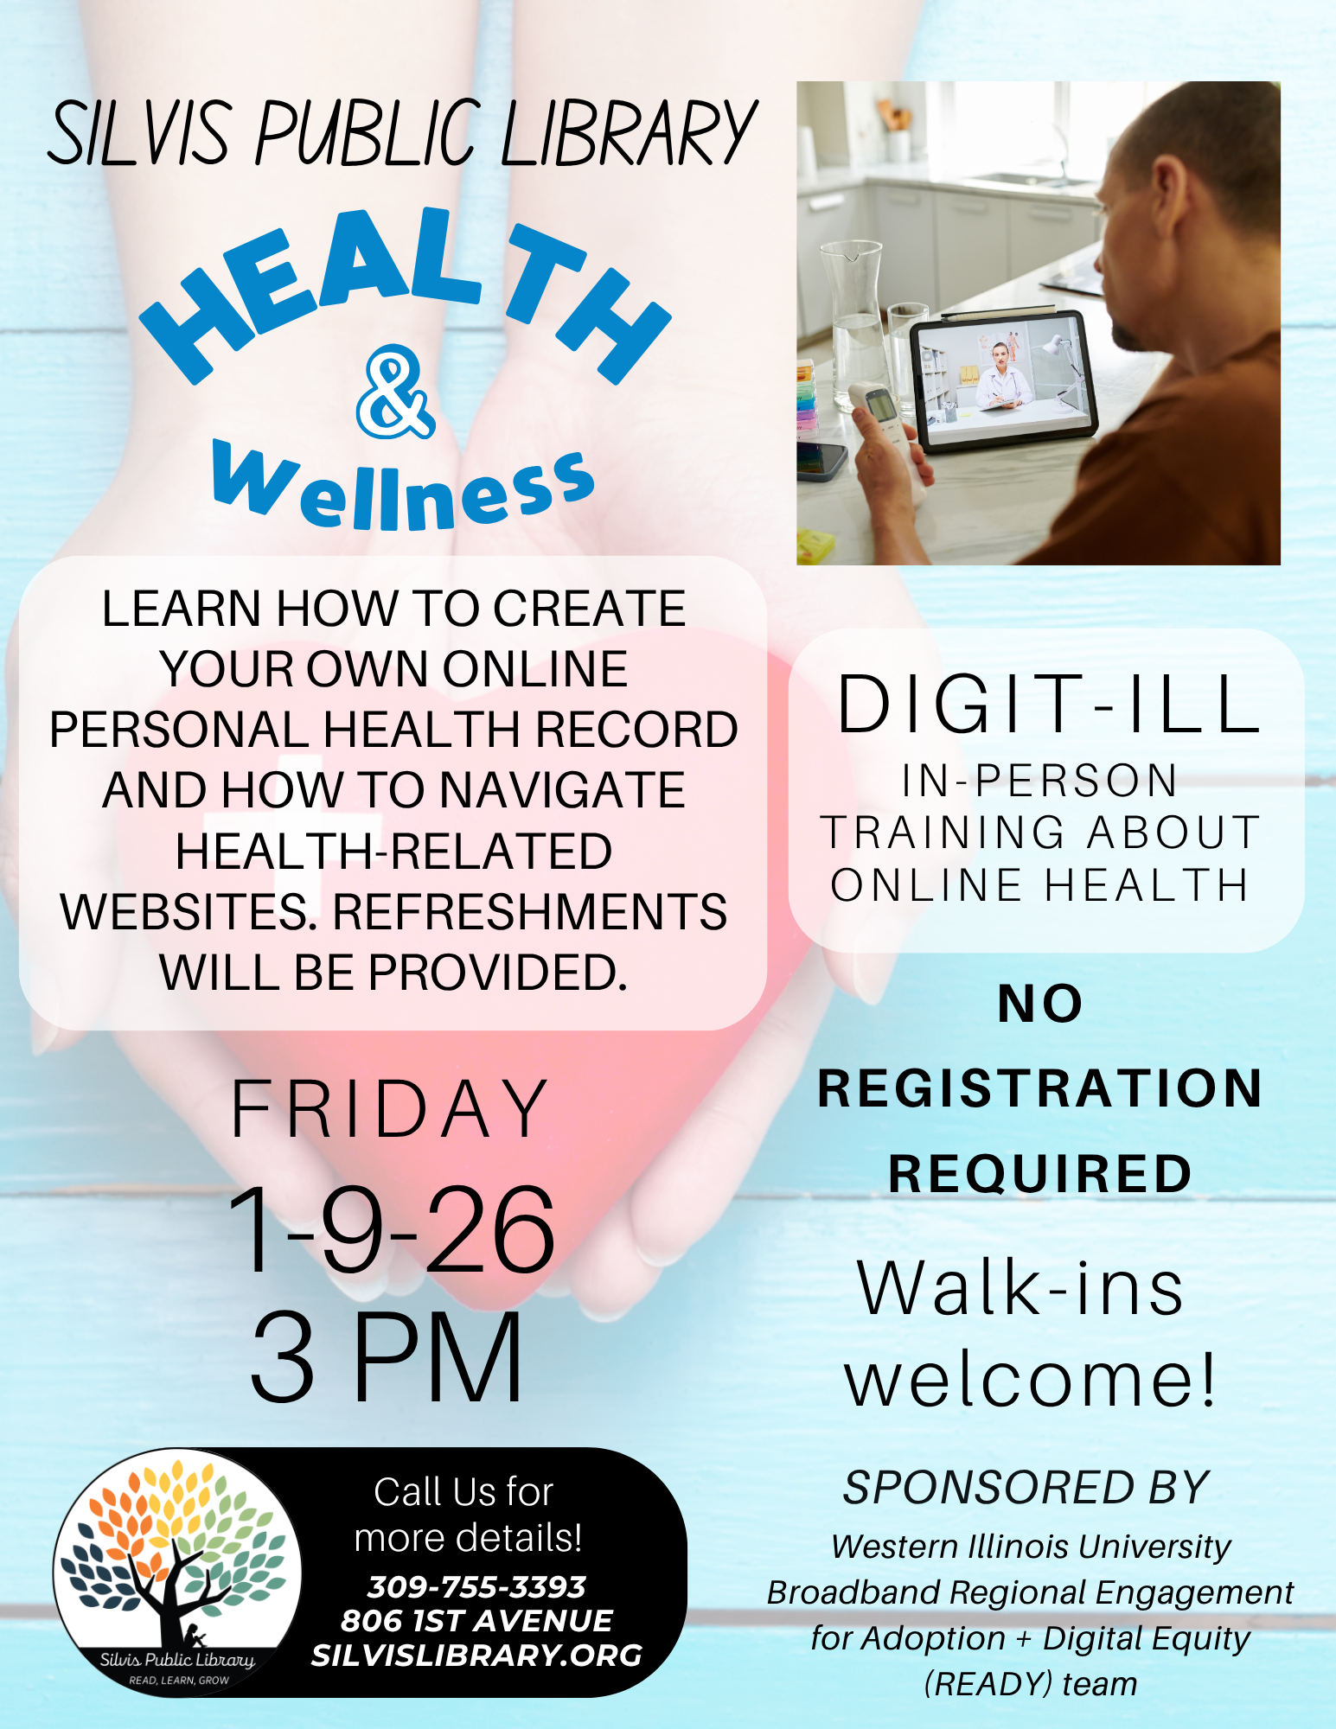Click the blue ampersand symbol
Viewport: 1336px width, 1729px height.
click(x=395, y=392)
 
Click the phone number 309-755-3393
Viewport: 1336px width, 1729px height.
click(x=476, y=1587)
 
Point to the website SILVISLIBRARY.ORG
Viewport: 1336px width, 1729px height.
click(x=476, y=1656)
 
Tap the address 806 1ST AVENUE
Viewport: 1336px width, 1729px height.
click(x=476, y=1621)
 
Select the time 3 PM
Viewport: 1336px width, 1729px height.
click(x=387, y=1356)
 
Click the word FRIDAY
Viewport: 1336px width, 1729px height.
click(x=390, y=1109)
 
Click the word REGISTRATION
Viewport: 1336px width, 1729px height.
click(x=1040, y=1088)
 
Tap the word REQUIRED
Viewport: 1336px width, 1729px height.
click(x=1040, y=1173)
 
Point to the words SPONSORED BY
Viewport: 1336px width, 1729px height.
click(x=1026, y=1488)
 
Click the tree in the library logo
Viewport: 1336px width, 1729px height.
click(x=177, y=1547)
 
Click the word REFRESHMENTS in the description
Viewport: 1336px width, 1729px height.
click(x=529, y=912)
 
